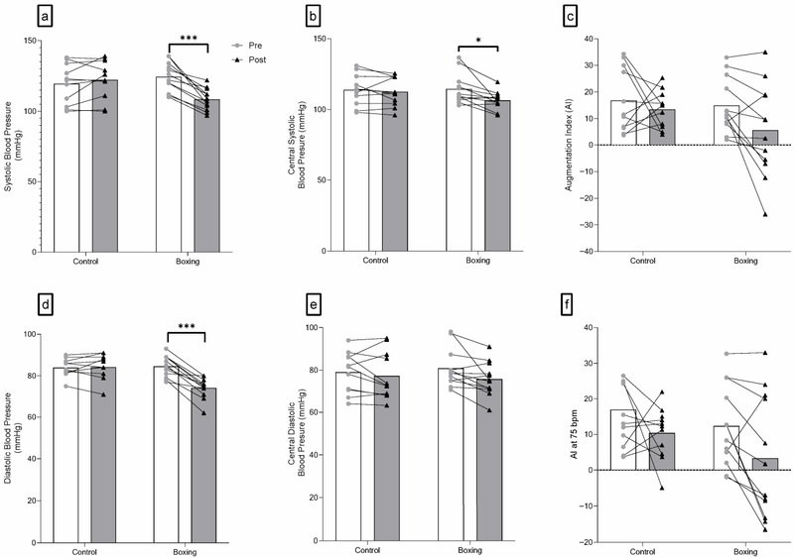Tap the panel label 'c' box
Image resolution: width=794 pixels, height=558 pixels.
pos(572,17)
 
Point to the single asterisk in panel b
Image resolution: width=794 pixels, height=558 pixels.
pos(478,43)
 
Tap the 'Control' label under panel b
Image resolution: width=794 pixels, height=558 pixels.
pos(376,262)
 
